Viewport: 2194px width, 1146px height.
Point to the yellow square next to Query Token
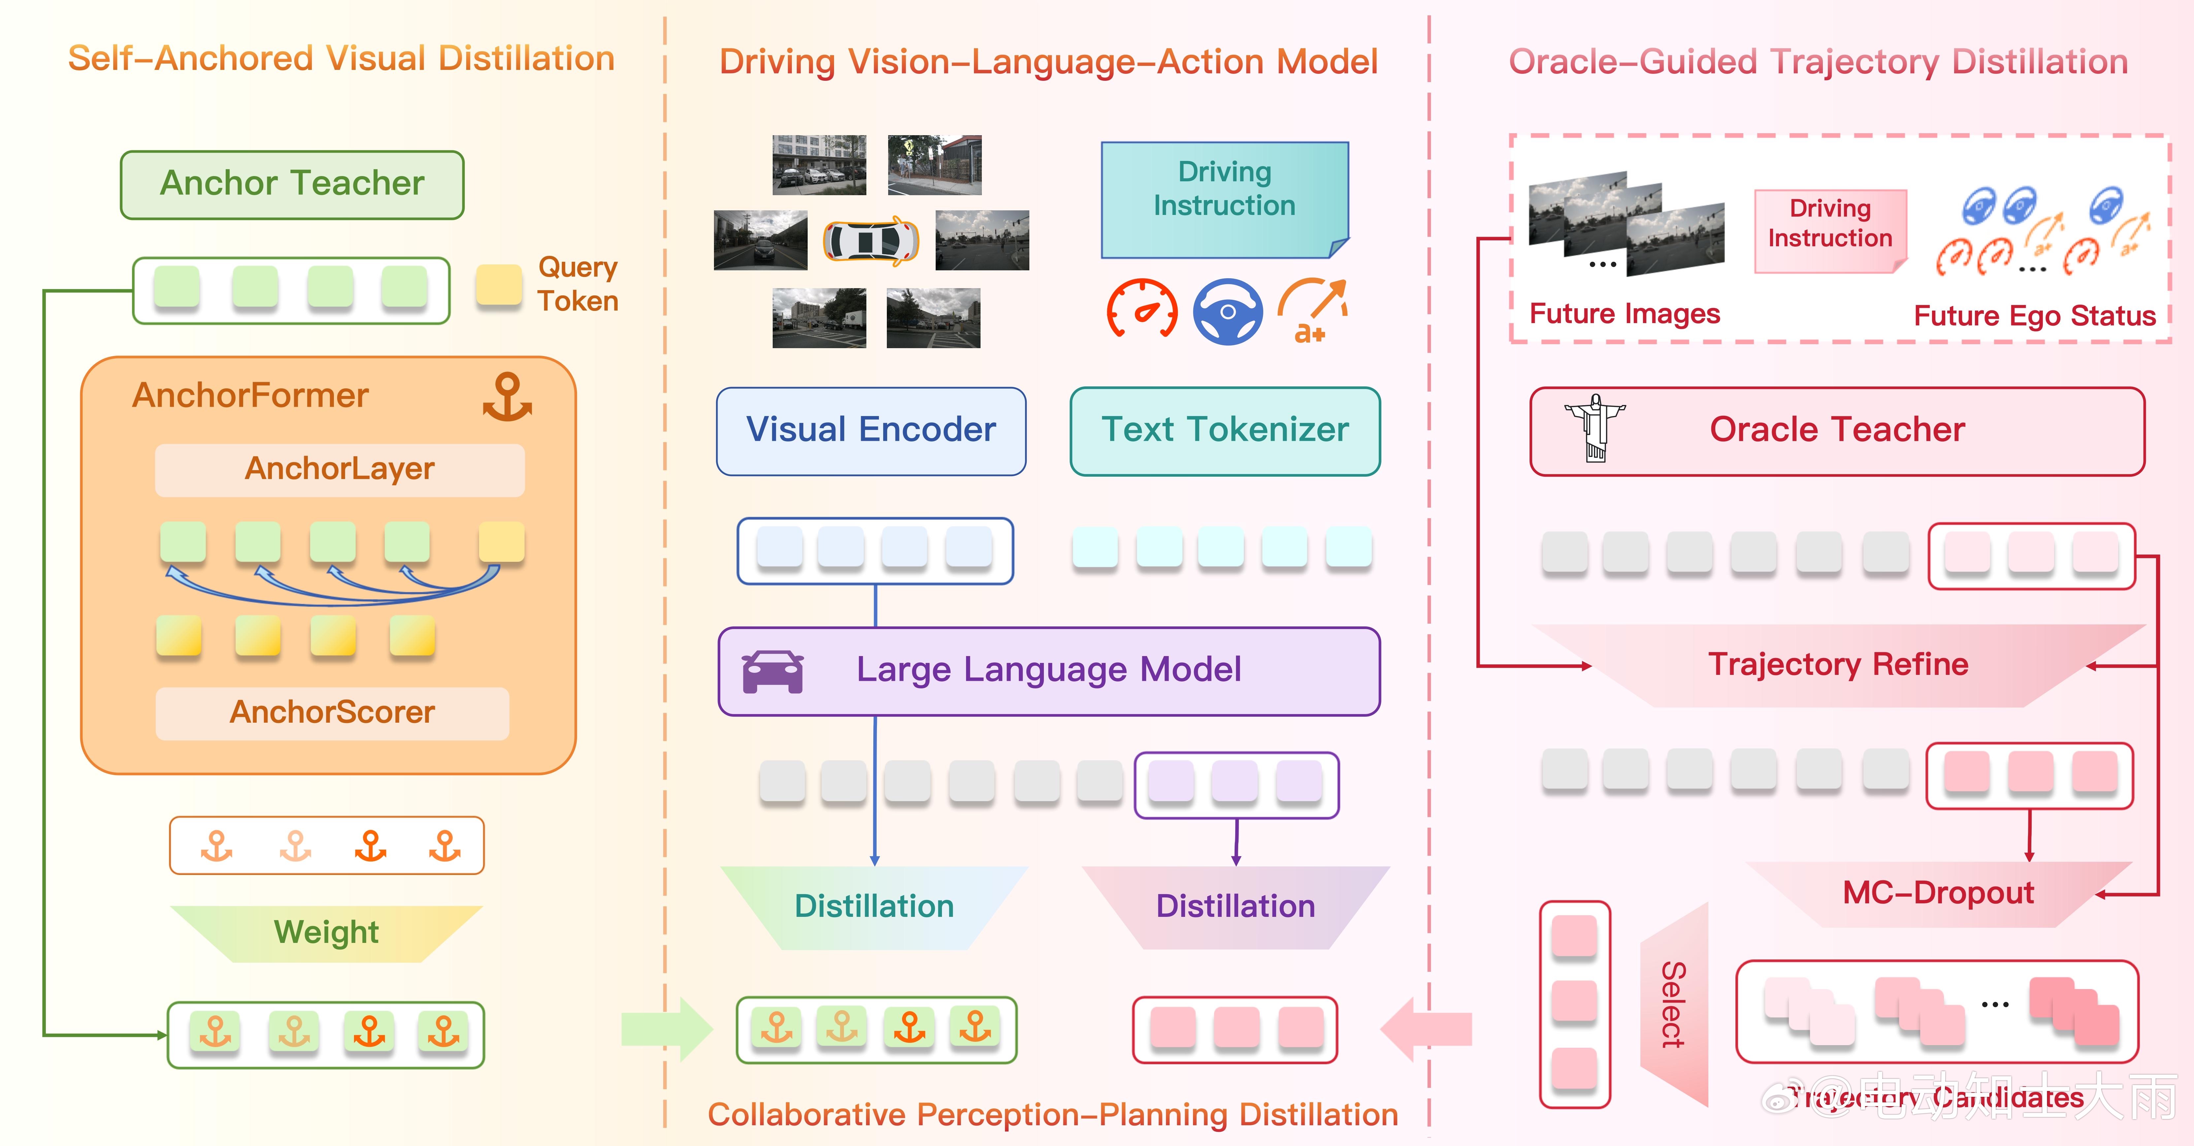tap(498, 285)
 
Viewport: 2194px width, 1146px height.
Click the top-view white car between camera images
tap(870, 241)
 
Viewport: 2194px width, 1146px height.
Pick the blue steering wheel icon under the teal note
tap(1227, 312)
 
